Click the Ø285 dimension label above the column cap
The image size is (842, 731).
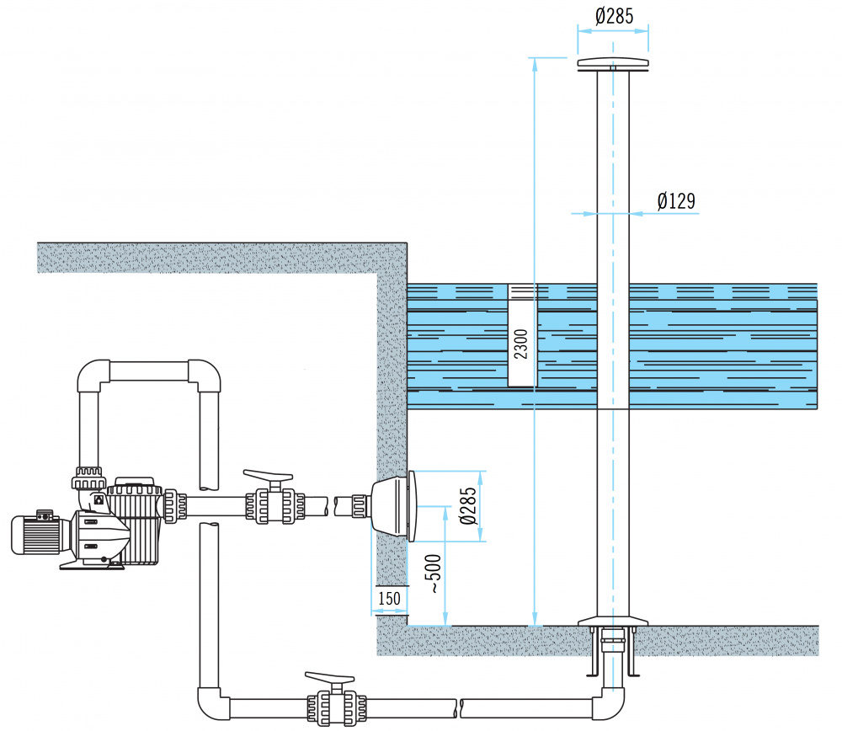click(614, 16)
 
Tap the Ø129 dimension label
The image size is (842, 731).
click(676, 201)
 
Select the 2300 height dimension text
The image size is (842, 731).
click(521, 344)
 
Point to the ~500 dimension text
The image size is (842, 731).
click(433, 574)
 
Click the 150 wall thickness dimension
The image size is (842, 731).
click(389, 598)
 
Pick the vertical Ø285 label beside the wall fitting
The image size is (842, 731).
click(467, 505)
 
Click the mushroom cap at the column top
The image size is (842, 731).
click(613, 64)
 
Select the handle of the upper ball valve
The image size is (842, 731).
click(268, 477)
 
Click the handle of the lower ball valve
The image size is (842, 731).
click(330, 678)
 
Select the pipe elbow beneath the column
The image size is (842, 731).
click(610, 703)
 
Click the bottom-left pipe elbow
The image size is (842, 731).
click(213, 703)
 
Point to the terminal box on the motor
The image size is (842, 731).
click(45, 515)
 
